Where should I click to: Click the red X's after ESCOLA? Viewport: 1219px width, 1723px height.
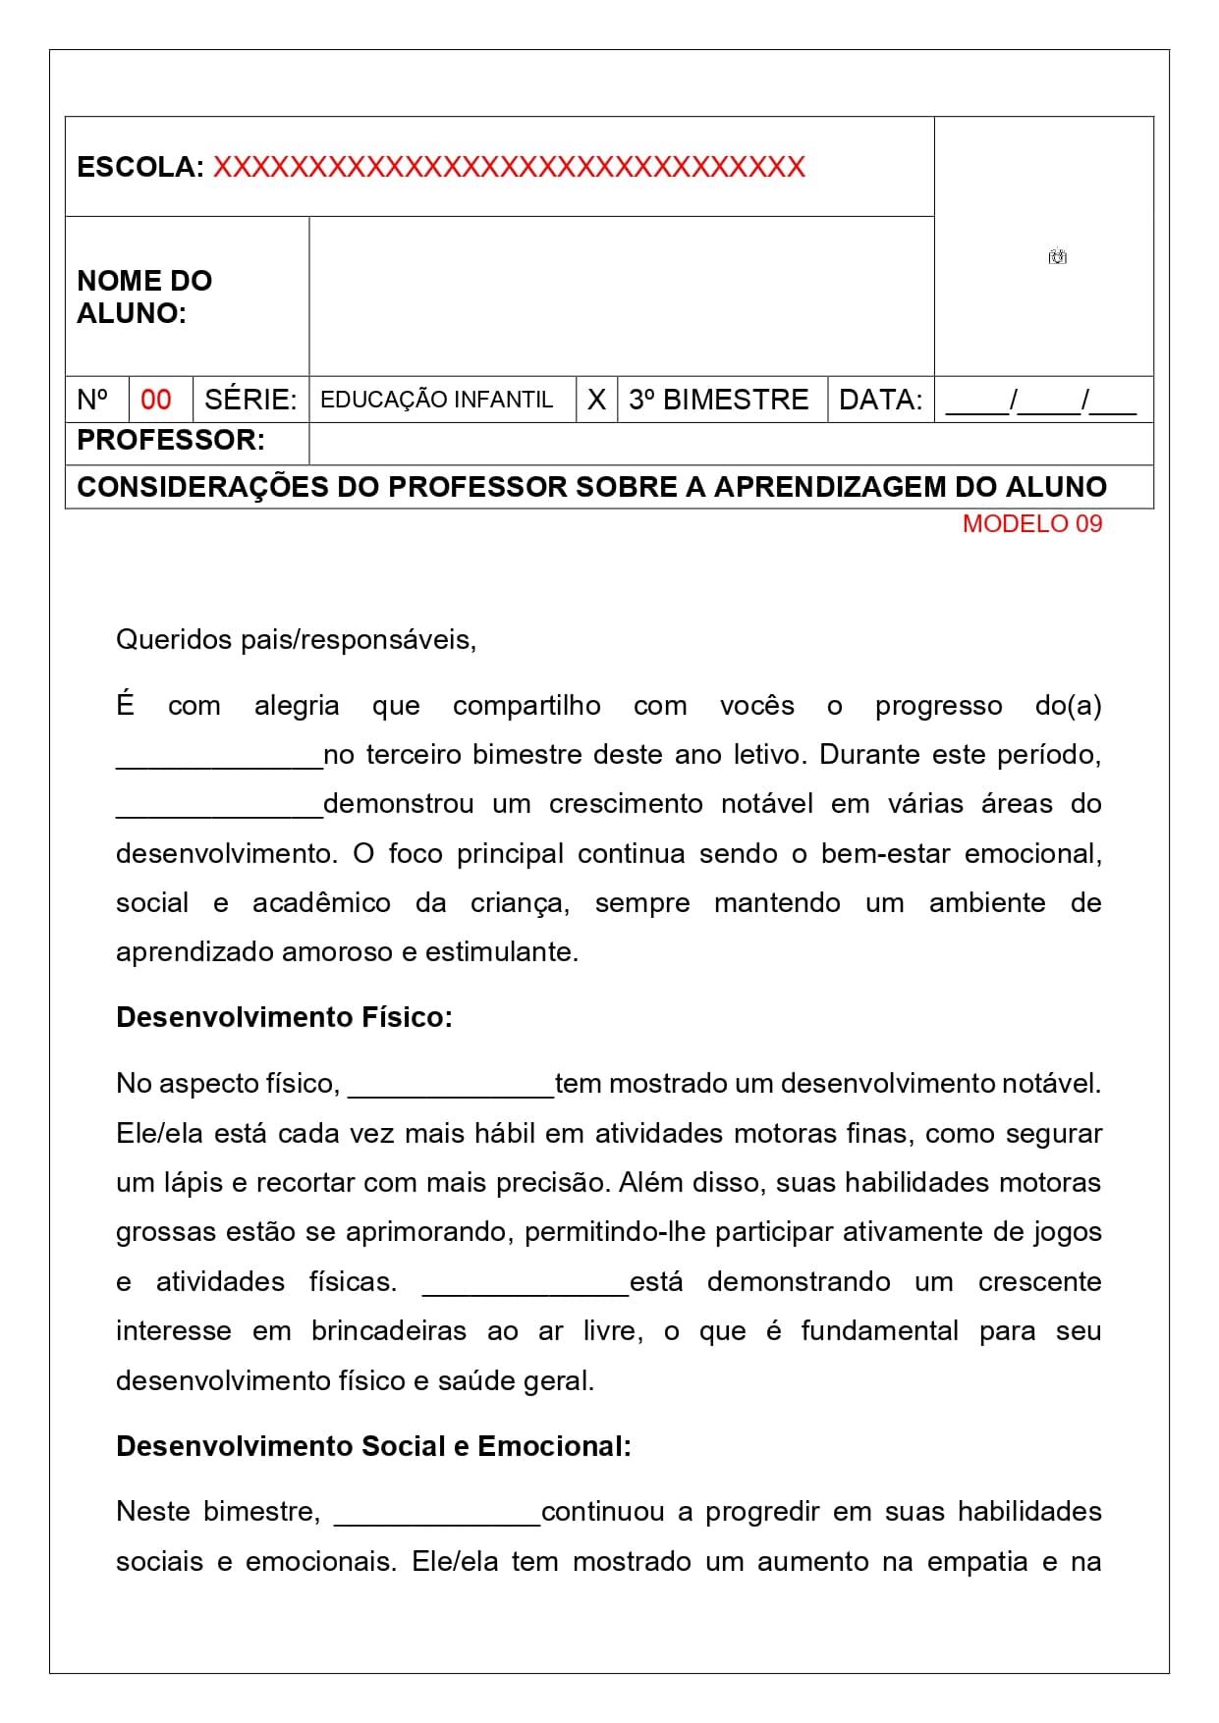tap(509, 167)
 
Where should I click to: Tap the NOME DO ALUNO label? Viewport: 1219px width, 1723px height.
tap(144, 296)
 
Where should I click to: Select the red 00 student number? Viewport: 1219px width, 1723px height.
tap(156, 400)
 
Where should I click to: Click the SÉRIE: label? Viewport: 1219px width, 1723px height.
tap(250, 400)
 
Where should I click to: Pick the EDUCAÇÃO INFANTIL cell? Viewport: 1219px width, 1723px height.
tap(437, 400)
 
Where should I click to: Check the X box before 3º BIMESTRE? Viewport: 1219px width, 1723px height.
tap(596, 400)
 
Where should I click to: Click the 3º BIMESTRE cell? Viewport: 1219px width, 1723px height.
tap(719, 400)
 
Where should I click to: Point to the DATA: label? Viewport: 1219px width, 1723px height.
tap(881, 400)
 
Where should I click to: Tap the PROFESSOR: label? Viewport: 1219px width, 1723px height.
tap(171, 440)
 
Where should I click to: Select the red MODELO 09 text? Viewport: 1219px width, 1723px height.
tap(1032, 523)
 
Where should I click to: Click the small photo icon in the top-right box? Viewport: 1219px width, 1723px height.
tap(1057, 257)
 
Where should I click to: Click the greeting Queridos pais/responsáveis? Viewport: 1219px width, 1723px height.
tap(296, 640)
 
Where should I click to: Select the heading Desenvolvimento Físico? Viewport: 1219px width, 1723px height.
tap(284, 1017)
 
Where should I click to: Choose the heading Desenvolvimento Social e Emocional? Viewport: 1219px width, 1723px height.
tap(373, 1446)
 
